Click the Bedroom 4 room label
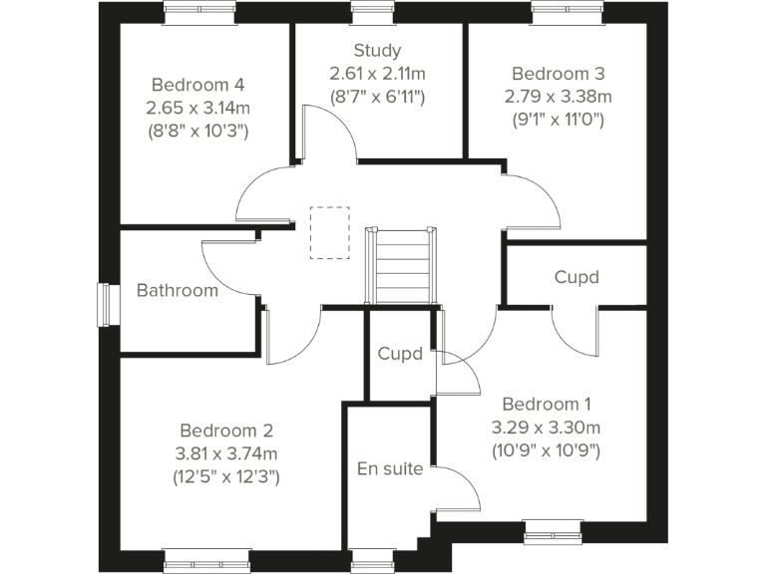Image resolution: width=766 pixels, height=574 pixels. click(197, 85)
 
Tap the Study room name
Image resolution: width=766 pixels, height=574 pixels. click(377, 51)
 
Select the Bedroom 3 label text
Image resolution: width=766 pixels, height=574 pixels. click(558, 74)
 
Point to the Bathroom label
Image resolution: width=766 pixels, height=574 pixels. click(177, 291)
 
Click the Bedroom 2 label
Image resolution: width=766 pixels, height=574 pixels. click(226, 430)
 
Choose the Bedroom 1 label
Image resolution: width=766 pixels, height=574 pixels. click(546, 404)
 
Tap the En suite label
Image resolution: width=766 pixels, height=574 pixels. click(390, 468)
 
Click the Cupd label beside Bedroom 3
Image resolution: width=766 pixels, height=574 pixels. click(576, 277)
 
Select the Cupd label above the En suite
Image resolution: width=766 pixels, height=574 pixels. click(399, 354)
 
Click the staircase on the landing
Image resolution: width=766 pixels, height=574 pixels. click(402, 265)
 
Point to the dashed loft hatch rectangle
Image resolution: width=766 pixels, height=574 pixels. click(329, 232)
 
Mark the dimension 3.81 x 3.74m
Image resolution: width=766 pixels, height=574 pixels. click(226, 453)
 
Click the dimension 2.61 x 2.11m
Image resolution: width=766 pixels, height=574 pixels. click(377, 74)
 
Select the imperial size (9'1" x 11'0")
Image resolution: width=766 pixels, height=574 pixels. click(558, 120)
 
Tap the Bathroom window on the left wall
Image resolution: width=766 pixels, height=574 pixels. click(104, 305)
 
